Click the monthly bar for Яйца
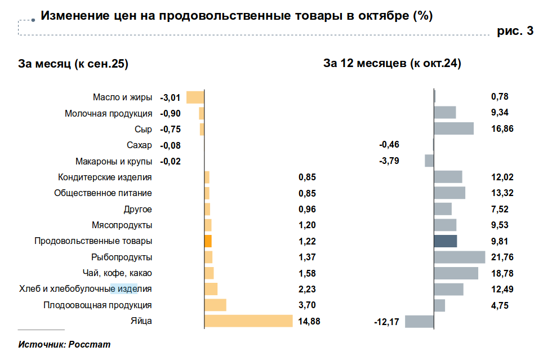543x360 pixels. tap(248, 321)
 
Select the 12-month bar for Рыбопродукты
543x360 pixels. tap(460, 257)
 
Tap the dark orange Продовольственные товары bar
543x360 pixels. tap(208, 241)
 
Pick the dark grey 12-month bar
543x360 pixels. tap(446, 241)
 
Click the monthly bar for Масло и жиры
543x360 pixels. tap(195, 97)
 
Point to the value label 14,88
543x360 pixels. tap(308, 322)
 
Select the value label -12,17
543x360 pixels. tap(386, 322)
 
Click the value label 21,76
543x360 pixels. tap(503, 257)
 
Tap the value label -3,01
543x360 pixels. tap(171, 97)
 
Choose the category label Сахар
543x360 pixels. tap(140, 145)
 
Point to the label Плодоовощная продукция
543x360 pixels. tap(97, 305)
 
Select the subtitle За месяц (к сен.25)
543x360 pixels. tap(74, 64)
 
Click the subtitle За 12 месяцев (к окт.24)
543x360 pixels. tap(392, 64)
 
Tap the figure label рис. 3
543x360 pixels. tap(515, 32)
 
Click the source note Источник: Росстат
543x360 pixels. tap(64, 344)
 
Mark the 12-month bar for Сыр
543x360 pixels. tap(454, 128)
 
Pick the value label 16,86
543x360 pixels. tap(502, 129)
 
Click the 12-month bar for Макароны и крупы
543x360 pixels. tap(429, 161)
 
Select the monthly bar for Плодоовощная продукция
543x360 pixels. tap(215, 305)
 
